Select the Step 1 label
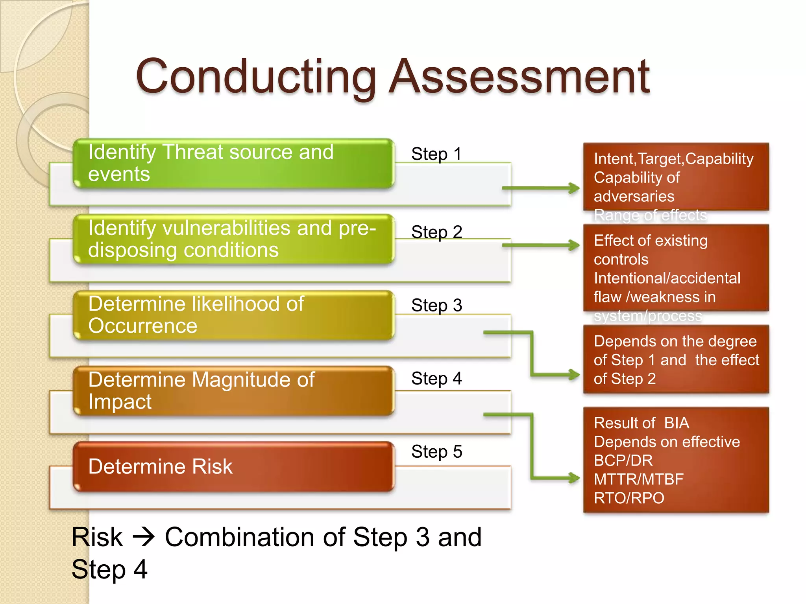436,154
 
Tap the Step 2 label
436,232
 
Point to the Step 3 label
436,306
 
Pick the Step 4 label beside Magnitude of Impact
436,379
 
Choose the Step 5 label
436,452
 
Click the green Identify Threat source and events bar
234,163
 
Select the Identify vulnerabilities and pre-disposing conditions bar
234,239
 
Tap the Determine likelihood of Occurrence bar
234,315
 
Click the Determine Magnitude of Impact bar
234,391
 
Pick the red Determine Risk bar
234,467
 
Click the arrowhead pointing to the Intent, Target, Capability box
575,188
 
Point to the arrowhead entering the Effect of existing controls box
575,245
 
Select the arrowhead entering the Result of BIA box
575,478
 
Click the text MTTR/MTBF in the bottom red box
638,479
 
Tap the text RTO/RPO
629,498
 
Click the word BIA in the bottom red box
677,423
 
